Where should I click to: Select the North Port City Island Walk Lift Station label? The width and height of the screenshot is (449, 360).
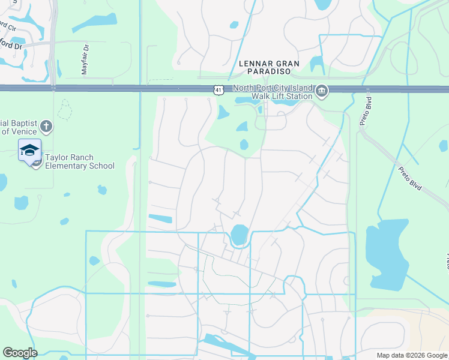(x=273, y=92)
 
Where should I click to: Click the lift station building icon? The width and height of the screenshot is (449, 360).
(x=322, y=91)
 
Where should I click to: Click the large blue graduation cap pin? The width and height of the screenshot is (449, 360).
(x=29, y=151)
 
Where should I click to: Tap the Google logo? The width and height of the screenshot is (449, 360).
(x=19, y=353)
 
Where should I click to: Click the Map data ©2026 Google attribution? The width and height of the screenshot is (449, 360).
(x=411, y=355)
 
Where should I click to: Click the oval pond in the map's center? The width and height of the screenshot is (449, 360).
(x=240, y=235)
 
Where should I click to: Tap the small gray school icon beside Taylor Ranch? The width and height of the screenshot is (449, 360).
(x=36, y=162)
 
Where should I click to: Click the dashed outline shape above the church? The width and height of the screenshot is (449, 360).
(x=65, y=110)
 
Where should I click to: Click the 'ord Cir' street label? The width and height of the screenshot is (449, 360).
(x=7, y=26)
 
